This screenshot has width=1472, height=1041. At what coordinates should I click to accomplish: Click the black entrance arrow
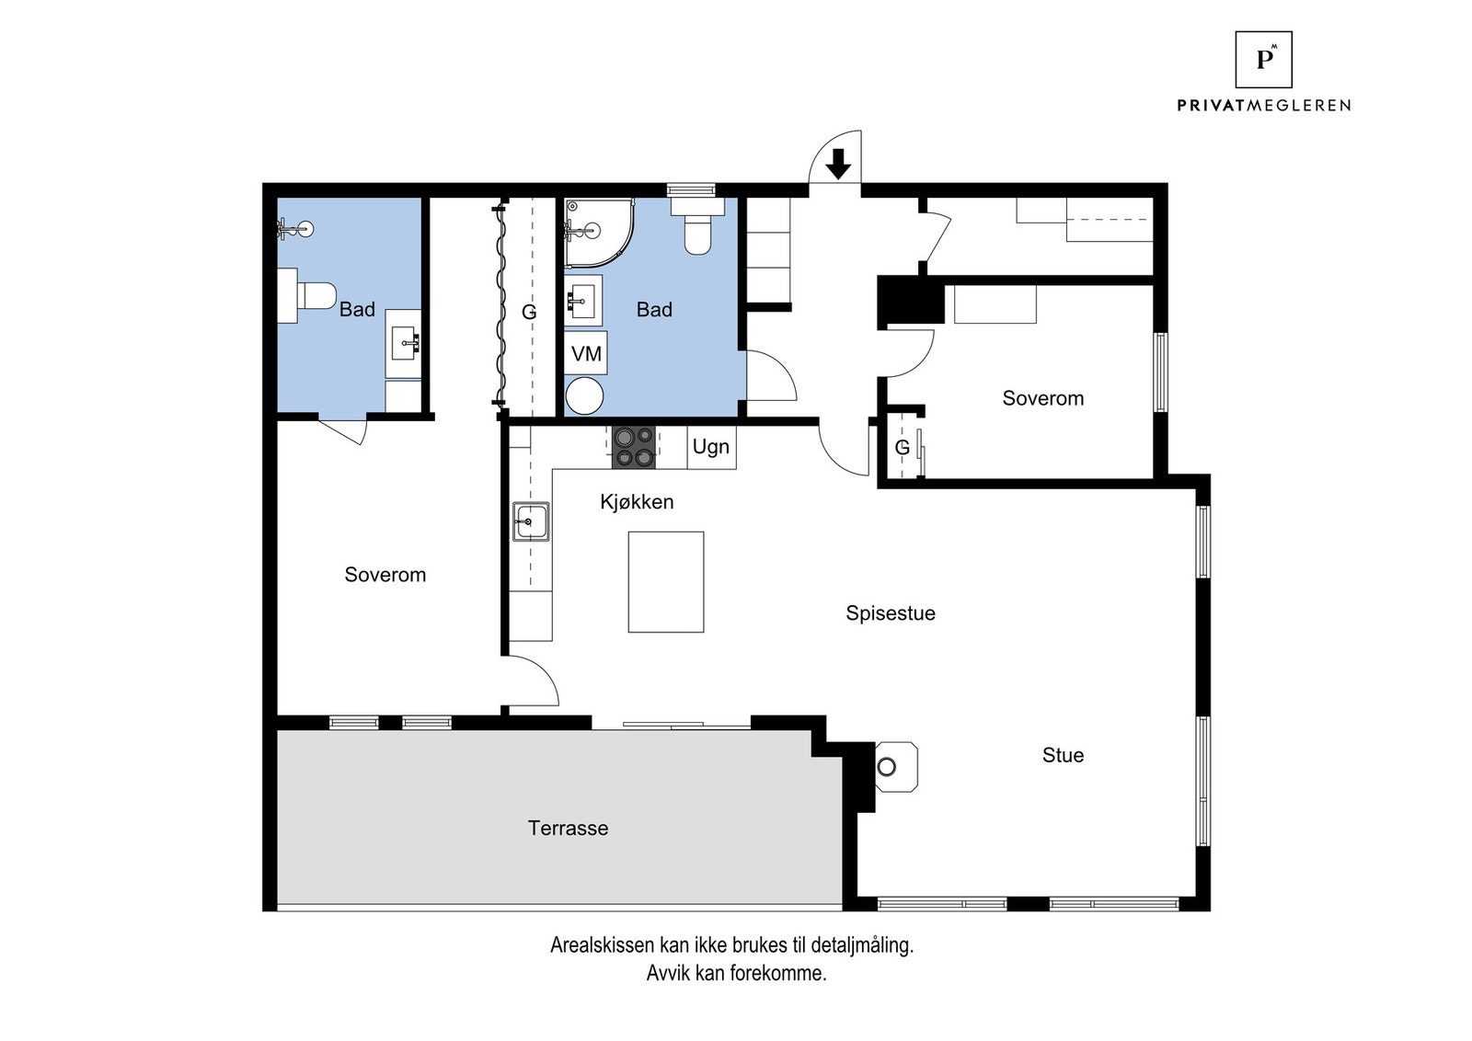[838, 165]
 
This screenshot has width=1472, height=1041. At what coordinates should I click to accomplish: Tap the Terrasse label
[569, 829]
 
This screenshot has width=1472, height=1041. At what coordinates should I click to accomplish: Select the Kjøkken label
[637, 502]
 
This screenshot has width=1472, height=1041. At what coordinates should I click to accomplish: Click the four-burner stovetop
[634, 447]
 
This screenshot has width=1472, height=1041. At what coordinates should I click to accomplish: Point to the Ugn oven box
[712, 447]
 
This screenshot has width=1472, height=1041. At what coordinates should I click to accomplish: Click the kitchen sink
[531, 521]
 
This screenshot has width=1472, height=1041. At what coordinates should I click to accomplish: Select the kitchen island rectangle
[666, 582]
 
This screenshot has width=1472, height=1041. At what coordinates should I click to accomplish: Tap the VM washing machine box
[586, 353]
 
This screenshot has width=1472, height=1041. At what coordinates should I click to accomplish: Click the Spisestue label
[891, 612]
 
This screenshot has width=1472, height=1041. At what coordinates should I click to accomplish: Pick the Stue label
[1063, 755]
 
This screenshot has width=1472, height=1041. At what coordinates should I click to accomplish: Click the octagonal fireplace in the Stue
[896, 767]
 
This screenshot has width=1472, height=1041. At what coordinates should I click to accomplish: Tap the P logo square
[1264, 59]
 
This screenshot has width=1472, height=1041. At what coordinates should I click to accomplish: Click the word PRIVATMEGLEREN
[1264, 105]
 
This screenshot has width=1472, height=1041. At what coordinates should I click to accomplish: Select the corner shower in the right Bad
[599, 234]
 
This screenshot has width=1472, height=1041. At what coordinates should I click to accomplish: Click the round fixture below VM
[585, 396]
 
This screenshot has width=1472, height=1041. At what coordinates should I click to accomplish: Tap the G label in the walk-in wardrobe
[529, 312]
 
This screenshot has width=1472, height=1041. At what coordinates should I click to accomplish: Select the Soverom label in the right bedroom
[1043, 398]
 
